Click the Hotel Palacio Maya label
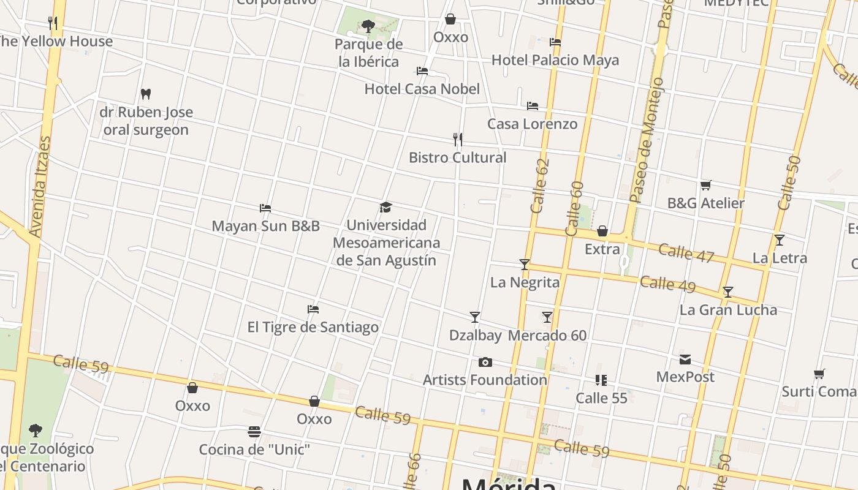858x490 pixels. [555, 60]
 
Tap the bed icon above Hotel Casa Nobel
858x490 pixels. [422, 71]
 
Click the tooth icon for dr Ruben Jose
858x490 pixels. [146, 94]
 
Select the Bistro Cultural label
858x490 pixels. [457, 157]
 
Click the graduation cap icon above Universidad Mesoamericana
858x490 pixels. [385, 208]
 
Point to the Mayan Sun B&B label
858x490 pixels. [265, 226]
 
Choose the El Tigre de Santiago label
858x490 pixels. [313, 327]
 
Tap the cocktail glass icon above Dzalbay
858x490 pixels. [475, 317]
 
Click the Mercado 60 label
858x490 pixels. [547, 336]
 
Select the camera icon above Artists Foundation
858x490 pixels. [485, 363]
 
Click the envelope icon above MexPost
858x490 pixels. [685, 360]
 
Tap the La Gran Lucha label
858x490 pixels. [728, 310]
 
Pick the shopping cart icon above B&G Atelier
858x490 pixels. [705, 185]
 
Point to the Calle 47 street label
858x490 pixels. [686, 253]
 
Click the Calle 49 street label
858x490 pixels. [667, 284]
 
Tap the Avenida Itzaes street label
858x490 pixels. [39, 187]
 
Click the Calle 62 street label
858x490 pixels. [540, 186]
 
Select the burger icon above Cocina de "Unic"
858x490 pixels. [254, 432]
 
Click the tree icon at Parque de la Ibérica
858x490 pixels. [368, 26]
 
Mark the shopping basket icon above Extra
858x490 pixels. [602, 231]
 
